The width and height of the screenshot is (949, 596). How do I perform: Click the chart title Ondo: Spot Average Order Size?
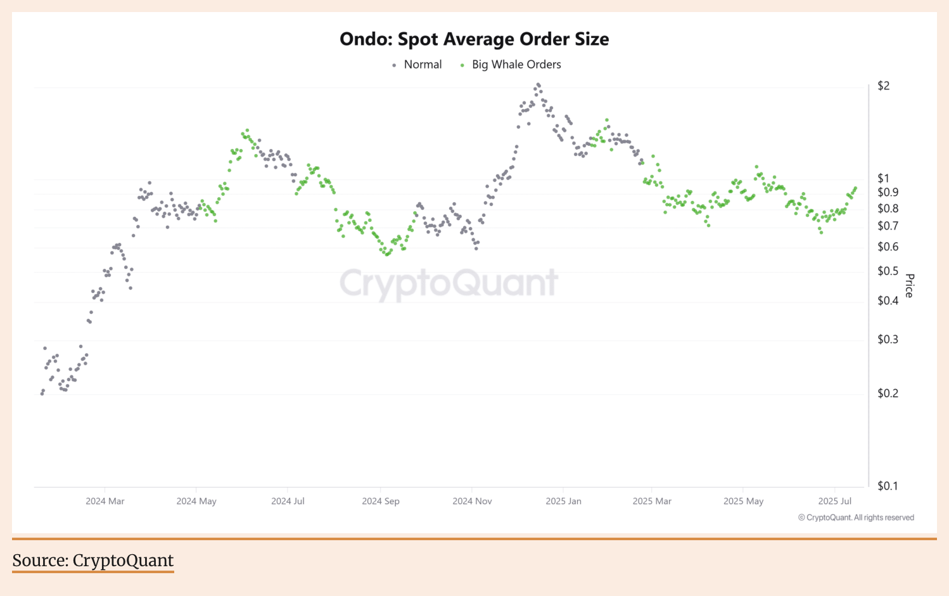tap(474, 39)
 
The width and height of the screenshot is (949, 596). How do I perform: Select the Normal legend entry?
tap(423, 65)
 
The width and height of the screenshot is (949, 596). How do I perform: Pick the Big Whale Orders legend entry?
tap(516, 65)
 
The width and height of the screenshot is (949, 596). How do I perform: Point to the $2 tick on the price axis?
tap(883, 86)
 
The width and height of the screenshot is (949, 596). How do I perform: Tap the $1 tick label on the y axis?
tap(883, 179)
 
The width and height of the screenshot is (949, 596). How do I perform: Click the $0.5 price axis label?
tap(888, 271)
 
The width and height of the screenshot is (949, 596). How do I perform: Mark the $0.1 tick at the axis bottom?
tap(888, 486)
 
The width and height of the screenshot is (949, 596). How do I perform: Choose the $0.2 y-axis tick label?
tap(888, 394)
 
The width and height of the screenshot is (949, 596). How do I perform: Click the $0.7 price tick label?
tap(888, 226)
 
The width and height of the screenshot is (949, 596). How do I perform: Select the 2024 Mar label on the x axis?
tap(105, 502)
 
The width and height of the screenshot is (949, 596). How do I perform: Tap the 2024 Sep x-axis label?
tap(381, 502)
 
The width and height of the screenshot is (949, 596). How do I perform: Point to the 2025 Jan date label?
tap(563, 502)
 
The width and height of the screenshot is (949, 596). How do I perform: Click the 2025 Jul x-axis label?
tap(834, 502)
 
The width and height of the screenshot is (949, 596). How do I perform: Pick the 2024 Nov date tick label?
tap(472, 502)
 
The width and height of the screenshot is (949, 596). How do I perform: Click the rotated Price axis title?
tap(910, 285)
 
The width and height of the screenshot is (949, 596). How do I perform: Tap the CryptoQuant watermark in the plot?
tap(449, 283)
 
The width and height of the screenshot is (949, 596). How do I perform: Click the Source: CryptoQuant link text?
tap(93, 560)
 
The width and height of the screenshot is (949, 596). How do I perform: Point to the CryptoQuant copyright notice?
tap(856, 518)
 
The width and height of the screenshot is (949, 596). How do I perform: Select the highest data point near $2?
tap(538, 84)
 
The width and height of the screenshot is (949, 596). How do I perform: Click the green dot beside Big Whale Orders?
tap(462, 65)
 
